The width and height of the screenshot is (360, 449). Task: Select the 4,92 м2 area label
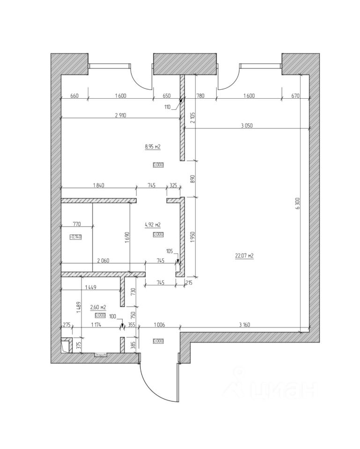click(x=153, y=224)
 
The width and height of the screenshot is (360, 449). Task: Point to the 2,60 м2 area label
click(x=98, y=307)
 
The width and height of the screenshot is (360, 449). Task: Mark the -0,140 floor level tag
click(x=75, y=237)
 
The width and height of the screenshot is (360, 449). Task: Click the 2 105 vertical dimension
click(x=192, y=115)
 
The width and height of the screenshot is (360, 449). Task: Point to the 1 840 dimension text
click(x=98, y=186)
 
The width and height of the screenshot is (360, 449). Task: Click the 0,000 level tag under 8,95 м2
click(x=158, y=164)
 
